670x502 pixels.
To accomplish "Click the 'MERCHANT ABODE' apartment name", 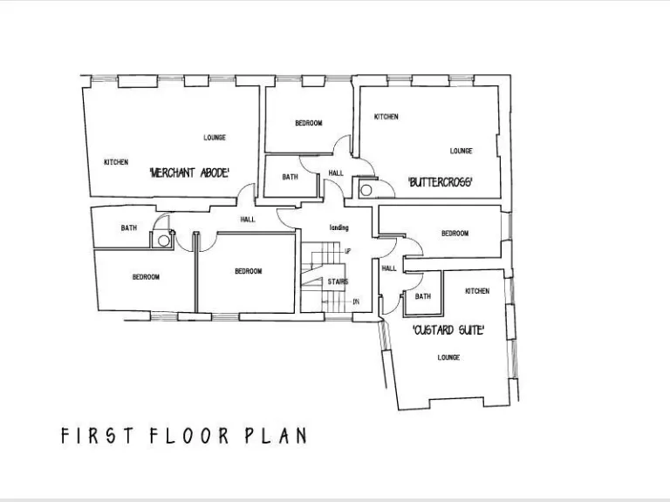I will point(190,173).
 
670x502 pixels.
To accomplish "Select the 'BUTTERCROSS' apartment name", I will point(441,182).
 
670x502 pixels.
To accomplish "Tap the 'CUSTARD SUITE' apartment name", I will point(448,330).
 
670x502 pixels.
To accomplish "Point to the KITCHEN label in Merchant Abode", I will point(116,162).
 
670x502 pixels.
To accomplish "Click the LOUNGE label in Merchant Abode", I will point(215,138).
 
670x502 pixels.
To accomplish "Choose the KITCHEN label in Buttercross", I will point(386,117).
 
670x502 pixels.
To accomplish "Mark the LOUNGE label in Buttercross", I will point(461,151).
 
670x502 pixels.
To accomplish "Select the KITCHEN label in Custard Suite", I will point(477,291).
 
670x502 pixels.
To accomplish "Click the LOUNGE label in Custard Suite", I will point(448,357).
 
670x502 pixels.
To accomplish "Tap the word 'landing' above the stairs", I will point(338,227).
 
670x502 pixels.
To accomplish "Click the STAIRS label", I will point(338,282).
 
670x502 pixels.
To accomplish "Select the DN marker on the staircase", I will point(355,302).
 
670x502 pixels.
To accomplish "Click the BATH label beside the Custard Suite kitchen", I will point(422,296).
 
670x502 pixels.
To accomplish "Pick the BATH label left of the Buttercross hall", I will point(290,177).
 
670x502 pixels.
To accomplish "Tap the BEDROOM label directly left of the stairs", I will point(248,271).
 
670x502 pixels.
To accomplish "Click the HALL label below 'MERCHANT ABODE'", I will point(248,220).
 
